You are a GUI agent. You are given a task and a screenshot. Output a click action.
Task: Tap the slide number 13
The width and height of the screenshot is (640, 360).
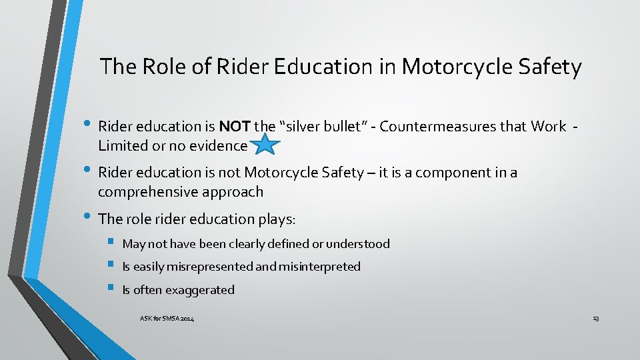click(595, 319)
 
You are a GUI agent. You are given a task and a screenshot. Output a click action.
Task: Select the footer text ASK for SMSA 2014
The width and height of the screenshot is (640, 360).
click(167, 319)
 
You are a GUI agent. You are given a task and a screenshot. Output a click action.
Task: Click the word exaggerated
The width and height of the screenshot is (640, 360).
click(200, 290)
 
